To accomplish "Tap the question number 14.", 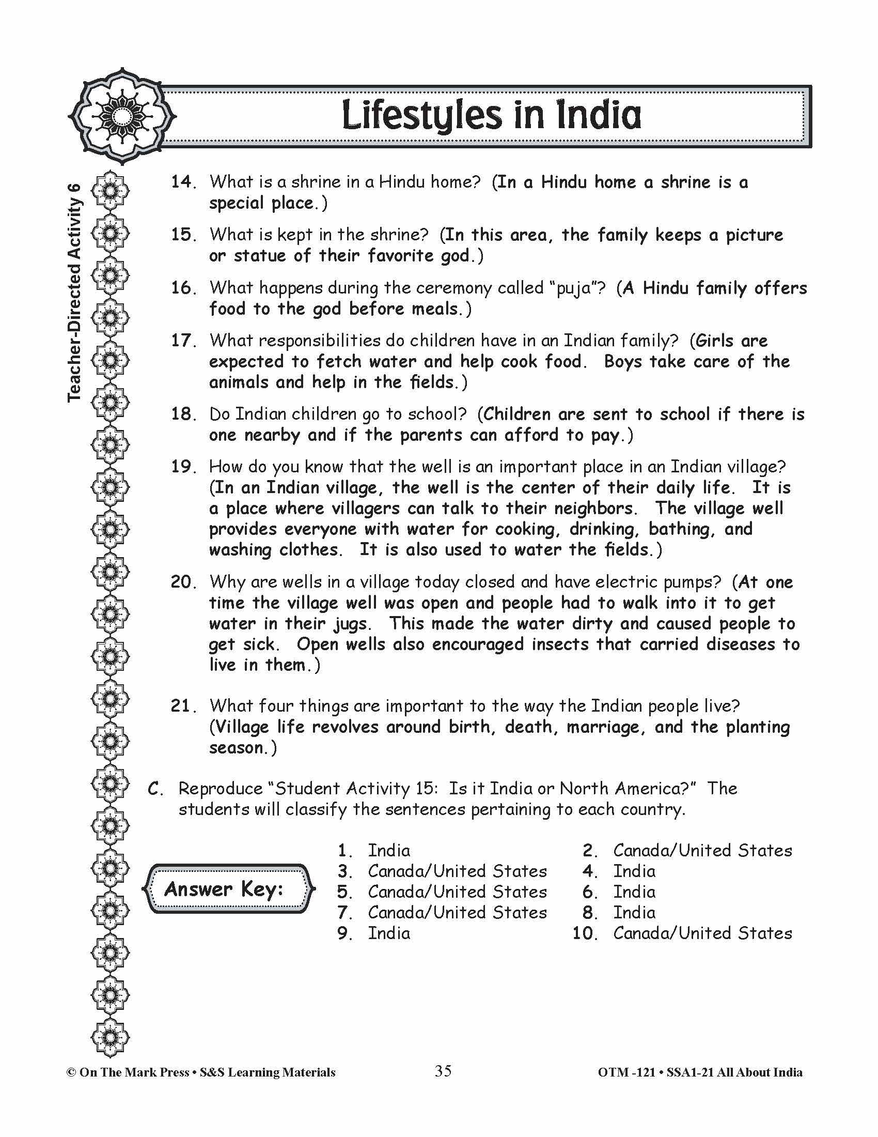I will coord(182,182).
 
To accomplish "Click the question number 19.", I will coord(182,467).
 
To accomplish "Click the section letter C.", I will coord(155,789).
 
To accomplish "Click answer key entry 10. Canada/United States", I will coord(682,933).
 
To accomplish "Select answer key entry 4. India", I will coord(619,871).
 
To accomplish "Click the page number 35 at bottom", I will coord(443,1071).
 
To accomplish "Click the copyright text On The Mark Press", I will coord(133,1072).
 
